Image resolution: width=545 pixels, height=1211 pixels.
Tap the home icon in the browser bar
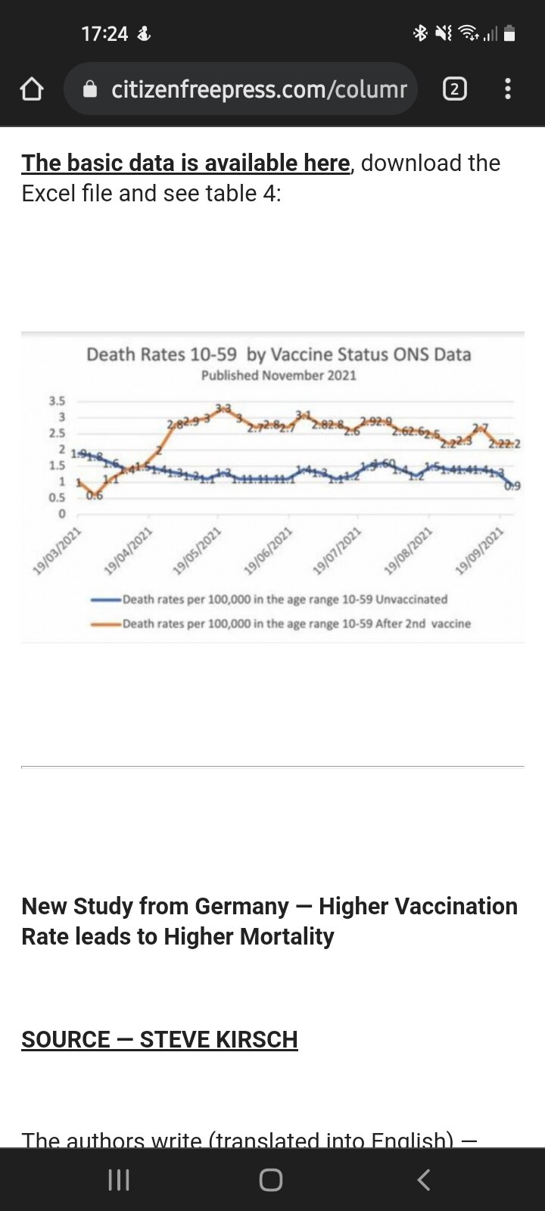(x=32, y=90)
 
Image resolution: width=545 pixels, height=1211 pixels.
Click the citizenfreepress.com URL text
(x=259, y=89)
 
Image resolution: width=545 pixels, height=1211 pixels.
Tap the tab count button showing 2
(x=454, y=89)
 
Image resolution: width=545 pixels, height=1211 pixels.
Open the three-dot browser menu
(x=508, y=89)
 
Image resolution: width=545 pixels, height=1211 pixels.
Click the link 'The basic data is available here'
(x=185, y=163)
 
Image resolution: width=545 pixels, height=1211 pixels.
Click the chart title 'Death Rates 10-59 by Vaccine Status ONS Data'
(x=279, y=354)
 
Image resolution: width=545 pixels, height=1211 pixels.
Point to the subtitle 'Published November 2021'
(x=279, y=375)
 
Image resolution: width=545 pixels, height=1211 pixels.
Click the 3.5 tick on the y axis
(x=58, y=401)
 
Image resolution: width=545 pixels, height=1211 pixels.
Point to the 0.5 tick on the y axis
(x=58, y=498)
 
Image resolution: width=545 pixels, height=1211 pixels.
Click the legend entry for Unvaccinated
(x=285, y=599)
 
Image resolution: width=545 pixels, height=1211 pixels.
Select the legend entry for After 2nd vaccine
(x=296, y=624)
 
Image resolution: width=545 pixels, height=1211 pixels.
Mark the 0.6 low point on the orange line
(x=94, y=495)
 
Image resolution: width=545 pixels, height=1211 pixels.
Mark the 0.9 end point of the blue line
(x=512, y=485)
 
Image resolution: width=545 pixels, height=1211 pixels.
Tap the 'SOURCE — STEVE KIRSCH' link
(x=160, y=1039)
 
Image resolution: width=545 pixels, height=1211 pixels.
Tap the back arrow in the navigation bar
(x=424, y=1179)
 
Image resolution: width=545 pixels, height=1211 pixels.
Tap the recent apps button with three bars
(x=119, y=1179)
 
